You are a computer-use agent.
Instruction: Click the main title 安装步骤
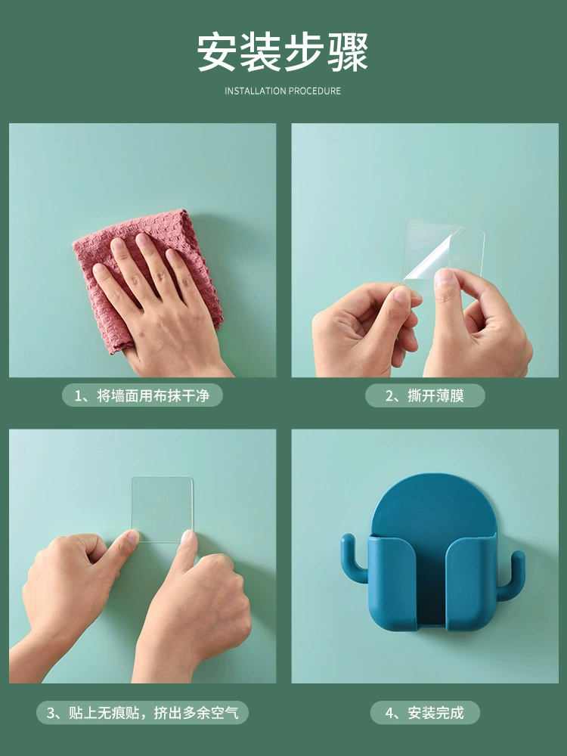click(x=283, y=52)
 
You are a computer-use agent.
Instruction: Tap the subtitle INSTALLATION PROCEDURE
click(x=283, y=91)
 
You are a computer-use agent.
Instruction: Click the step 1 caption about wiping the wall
click(x=142, y=396)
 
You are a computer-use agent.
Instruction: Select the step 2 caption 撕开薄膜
click(x=425, y=396)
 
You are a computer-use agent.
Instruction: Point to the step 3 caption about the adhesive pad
click(x=142, y=713)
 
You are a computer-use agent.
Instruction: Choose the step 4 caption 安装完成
click(x=425, y=713)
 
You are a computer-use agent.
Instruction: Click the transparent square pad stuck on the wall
click(x=163, y=509)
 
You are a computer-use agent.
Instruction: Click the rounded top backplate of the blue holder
click(x=433, y=503)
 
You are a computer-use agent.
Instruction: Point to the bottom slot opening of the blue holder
click(x=432, y=627)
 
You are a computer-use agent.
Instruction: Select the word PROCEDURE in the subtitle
click(x=314, y=91)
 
